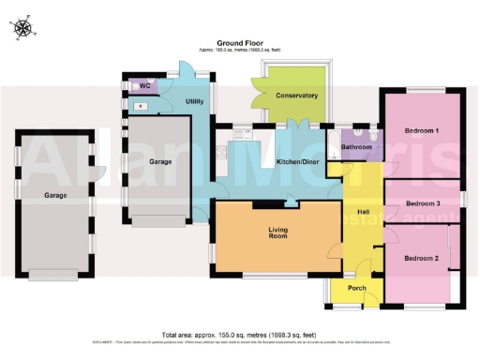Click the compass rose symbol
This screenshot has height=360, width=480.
click(22, 29)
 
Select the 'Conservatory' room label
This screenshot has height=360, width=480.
click(295, 96)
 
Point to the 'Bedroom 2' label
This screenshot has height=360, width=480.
click(421, 258)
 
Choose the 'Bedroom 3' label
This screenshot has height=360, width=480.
click(424, 203)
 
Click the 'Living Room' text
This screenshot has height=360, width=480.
click(277, 235)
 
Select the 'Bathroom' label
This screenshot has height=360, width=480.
click(356, 147)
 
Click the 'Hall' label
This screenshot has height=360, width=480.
click(361, 213)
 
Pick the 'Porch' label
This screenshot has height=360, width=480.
click(356, 288)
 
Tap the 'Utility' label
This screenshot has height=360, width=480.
click(194, 100)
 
